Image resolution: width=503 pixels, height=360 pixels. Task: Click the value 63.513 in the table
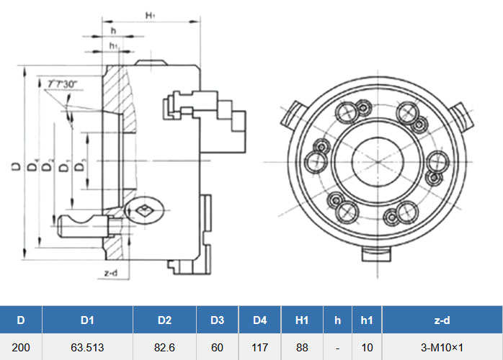tap(88, 347)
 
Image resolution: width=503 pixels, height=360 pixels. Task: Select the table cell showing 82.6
tap(164, 347)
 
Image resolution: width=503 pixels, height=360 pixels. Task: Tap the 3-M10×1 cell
tap(442, 347)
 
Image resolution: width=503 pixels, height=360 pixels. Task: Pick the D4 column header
tap(260, 320)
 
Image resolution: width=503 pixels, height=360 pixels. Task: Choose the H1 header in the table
tap(302, 320)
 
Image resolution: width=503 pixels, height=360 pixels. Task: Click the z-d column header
tap(442, 320)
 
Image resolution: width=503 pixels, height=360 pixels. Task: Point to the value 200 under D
tap(21, 347)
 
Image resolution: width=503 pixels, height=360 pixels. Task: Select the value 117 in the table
tap(260, 347)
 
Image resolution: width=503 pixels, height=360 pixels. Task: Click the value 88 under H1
tap(302, 347)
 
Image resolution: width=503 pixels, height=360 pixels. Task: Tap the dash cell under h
tap(337, 347)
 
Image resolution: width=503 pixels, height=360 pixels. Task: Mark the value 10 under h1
tap(367, 347)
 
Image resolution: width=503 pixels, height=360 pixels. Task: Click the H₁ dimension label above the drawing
tap(151, 14)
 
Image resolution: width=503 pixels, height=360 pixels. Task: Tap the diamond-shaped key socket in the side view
tap(143, 210)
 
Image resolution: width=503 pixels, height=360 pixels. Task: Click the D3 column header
tap(217, 320)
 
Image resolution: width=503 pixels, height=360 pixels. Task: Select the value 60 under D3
tap(217, 347)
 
